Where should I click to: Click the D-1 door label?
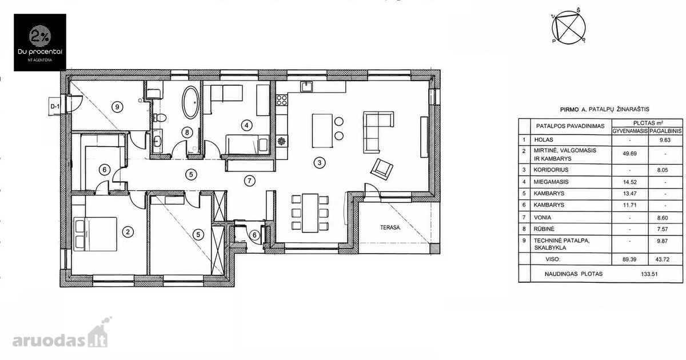(x=55, y=106)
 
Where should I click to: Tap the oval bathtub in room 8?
(x=190, y=102)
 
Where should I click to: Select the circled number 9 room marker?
(x=117, y=107)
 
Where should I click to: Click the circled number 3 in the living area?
(x=320, y=162)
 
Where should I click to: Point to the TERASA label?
(x=390, y=227)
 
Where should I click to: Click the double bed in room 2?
(x=95, y=234)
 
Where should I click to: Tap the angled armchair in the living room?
(x=382, y=169)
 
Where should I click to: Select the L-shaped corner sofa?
(x=378, y=131)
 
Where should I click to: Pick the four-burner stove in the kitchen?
(x=282, y=100)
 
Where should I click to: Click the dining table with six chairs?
(x=310, y=213)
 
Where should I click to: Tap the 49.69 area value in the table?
(x=629, y=154)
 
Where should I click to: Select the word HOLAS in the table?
(x=544, y=140)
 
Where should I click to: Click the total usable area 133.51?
(x=649, y=274)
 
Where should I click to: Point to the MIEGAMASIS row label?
(x=551, y=182)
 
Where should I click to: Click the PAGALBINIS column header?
(x=665, y=131)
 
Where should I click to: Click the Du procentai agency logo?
(x=40, y=42)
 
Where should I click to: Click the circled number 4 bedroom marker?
(x=246, y=125)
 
